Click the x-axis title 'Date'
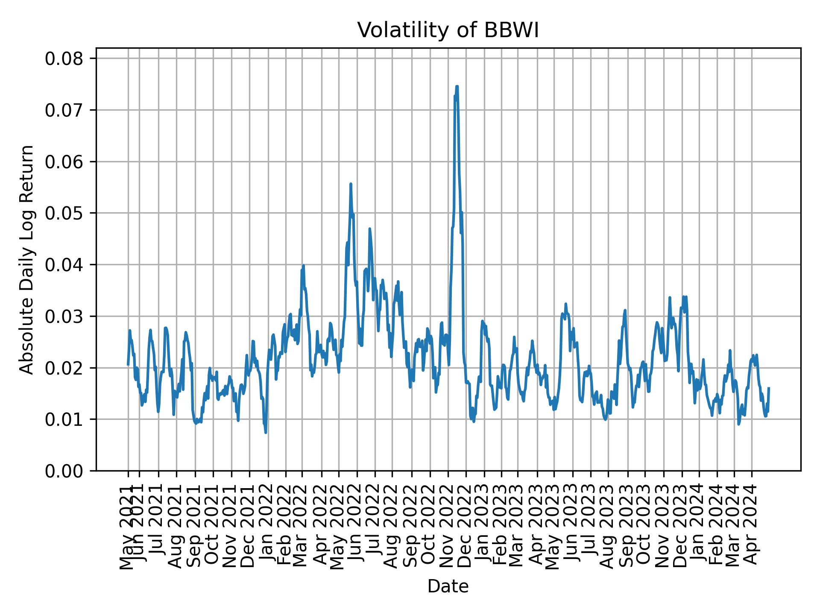(x=448, y=586)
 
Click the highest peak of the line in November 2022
(x=457, y=87)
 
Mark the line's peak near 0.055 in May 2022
(x=351, y=184)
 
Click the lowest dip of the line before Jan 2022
(x=266, y=433)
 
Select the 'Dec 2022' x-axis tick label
(x=466, y=527)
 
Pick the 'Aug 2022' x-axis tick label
(x=393, y=527)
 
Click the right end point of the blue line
(x=769, y=388)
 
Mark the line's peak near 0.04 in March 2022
(x=303, y=266)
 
